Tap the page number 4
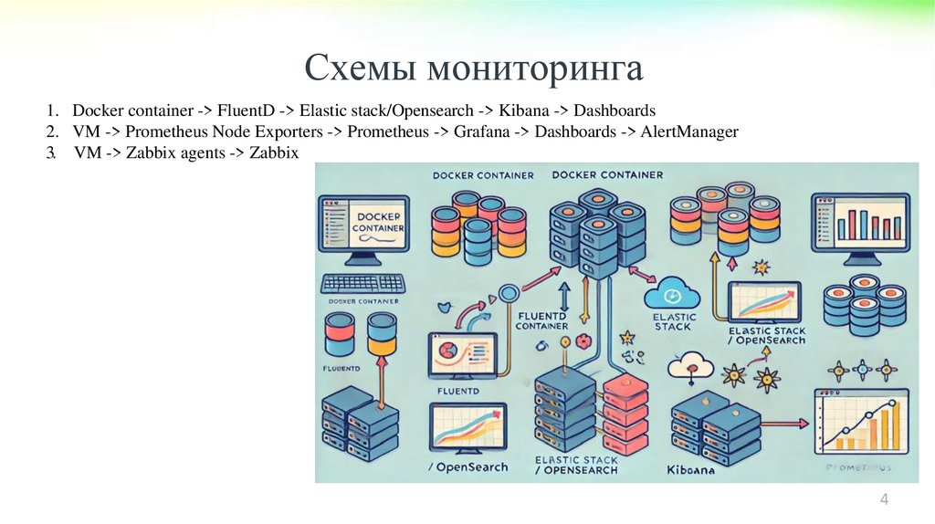(884, 499)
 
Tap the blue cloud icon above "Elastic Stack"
(672, 294)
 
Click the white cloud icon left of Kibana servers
(690, 365)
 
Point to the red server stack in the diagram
(624, 406)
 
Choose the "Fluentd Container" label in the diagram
(541, 320)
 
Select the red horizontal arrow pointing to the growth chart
(785, 423)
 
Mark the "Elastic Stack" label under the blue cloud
(675, 321)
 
